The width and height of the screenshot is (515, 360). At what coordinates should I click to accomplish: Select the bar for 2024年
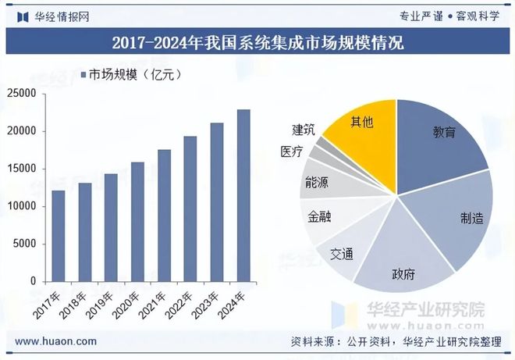tap(243, 195)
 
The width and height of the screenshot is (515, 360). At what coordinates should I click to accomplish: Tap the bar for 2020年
tap(137, 222)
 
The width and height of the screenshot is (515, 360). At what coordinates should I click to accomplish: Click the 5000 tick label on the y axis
tap(25, 244)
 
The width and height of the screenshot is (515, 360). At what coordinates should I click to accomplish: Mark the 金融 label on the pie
tap(320, 216)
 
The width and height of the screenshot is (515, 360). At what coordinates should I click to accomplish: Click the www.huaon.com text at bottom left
tap(56, 341)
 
